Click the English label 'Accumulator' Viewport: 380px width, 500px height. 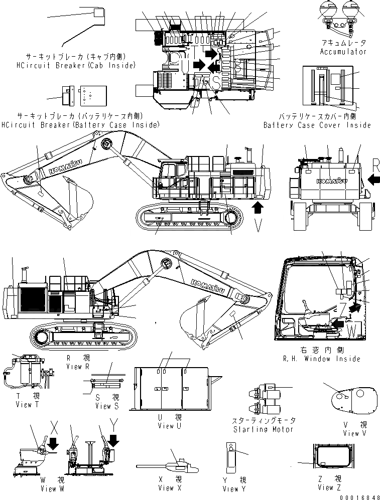pos(343,52)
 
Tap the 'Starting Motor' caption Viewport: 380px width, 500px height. pos(264,429)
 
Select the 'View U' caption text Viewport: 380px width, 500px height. pos(165,426)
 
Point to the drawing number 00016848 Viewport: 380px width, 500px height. pos(357,495)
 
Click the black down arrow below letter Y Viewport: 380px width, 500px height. pos(114,440)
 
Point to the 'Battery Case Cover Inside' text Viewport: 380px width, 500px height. pos(317,125)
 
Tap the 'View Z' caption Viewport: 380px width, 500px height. pos(333,487)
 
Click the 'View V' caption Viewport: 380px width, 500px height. pos(351,433)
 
